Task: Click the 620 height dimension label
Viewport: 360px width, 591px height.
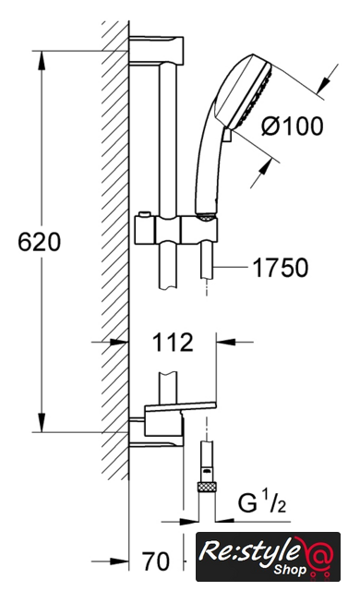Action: pos(39,242)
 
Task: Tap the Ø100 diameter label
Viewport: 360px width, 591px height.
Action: pos(293,126)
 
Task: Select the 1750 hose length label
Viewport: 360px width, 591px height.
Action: pos(281,268)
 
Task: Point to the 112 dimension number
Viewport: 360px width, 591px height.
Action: pos(173,343)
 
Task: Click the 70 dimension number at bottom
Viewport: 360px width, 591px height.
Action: pos(156,561)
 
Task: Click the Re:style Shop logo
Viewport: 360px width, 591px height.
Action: pos(268,557)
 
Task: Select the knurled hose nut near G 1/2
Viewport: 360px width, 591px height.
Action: pos(207,487)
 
